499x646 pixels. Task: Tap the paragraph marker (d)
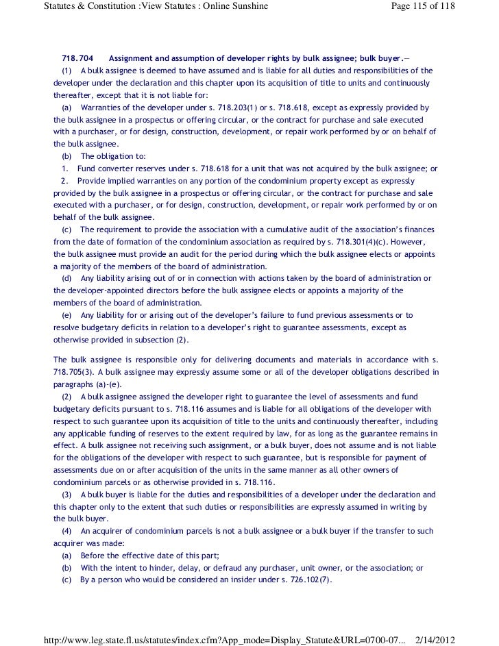66,277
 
